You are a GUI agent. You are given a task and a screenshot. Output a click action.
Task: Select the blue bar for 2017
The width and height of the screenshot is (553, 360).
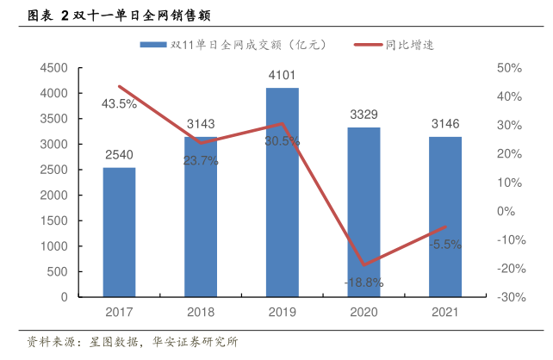119,232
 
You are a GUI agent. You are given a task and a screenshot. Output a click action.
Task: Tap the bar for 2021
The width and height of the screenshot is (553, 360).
445,216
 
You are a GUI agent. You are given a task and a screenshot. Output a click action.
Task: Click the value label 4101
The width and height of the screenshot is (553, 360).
283,74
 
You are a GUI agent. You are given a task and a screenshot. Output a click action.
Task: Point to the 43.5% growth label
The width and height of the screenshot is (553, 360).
119,104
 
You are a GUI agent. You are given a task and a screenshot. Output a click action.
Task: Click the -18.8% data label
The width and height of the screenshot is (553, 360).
363,282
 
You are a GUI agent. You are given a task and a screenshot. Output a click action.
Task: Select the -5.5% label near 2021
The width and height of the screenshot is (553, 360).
444,244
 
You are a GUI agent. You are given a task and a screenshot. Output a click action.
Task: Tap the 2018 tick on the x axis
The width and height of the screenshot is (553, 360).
201,312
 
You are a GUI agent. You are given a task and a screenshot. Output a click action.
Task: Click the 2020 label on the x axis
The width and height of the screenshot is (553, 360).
363,312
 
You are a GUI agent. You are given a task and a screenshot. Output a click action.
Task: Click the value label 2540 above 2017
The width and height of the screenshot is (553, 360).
119,155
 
